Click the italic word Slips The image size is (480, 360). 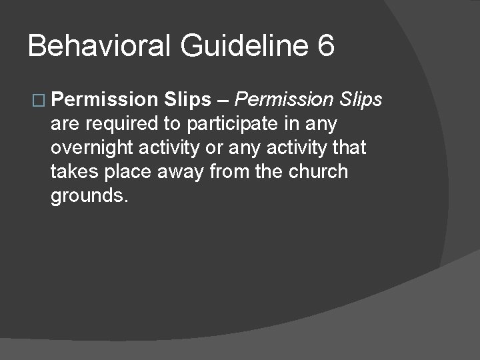[360, 100]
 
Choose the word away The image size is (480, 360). [183, 172]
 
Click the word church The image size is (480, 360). [319, 172]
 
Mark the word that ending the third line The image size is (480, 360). [345, 148]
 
